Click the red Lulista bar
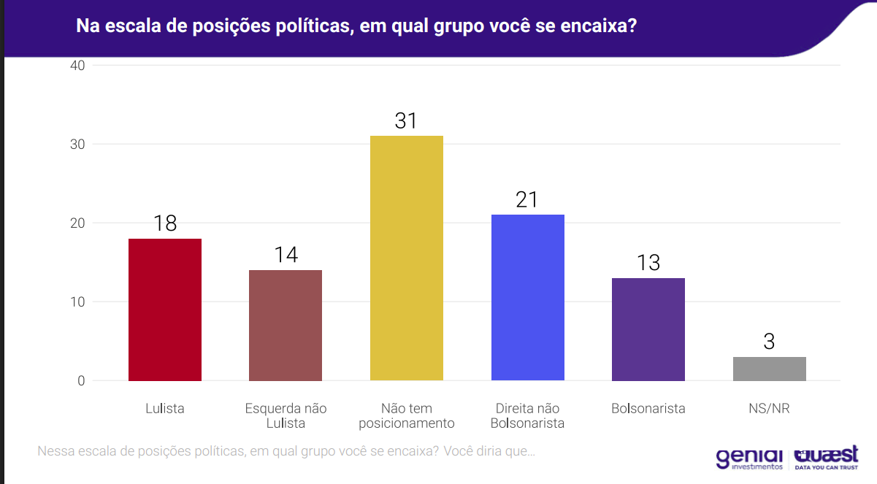[x=165, y=310]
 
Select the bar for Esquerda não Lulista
[x=286, y=325]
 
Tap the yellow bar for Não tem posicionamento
[x=407, y=258]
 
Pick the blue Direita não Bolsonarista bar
[x=528, y=297]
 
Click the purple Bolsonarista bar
[x=648, y=329]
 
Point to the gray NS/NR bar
[x=770, y=369]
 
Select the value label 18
[x=165, y=223]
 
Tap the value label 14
[x=286, y=256]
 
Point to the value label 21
[x=527, y=200]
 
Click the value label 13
[x=648, y=263]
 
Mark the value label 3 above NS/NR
[x=770, y=342]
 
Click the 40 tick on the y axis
[x=77, y=66]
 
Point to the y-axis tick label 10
[x=77, y=302]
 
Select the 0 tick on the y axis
[x=81, y=381]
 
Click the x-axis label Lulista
[x=165, y=409]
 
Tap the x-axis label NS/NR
[x=770, y=409]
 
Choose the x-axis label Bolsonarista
[x=648, y=409]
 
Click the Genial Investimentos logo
[x=749, y=458]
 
